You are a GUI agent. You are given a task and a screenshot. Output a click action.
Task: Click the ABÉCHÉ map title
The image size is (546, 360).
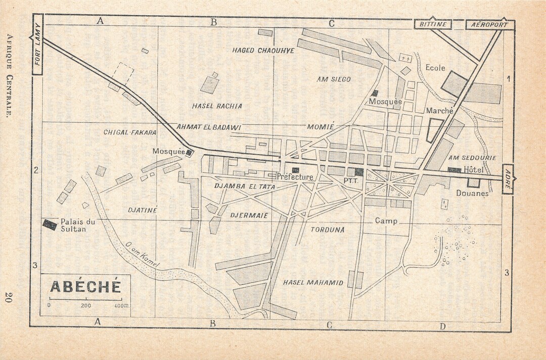click(x=85, y=286)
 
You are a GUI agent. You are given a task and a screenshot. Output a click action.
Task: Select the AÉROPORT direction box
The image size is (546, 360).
click(x=489, y=24)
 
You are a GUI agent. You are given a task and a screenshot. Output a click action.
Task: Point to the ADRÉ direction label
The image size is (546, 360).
click(x=507, y=179)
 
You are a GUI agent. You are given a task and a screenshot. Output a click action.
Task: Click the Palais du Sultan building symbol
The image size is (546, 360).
click(x=50, y=224)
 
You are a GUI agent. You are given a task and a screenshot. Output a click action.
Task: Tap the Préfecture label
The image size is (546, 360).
click(x=295, y=177)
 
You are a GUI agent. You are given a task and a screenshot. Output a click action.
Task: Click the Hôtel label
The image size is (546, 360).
click(x=474, y=170)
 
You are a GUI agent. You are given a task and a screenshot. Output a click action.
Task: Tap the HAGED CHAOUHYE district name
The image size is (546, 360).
click(x=263, y=51)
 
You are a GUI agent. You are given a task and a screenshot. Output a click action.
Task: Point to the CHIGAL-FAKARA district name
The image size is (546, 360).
click(x=130, y=132)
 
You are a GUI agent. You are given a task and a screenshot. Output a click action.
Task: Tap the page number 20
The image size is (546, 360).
click(x=9, y=297)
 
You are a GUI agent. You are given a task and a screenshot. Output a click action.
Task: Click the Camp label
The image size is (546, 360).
click(x=386, y=221)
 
